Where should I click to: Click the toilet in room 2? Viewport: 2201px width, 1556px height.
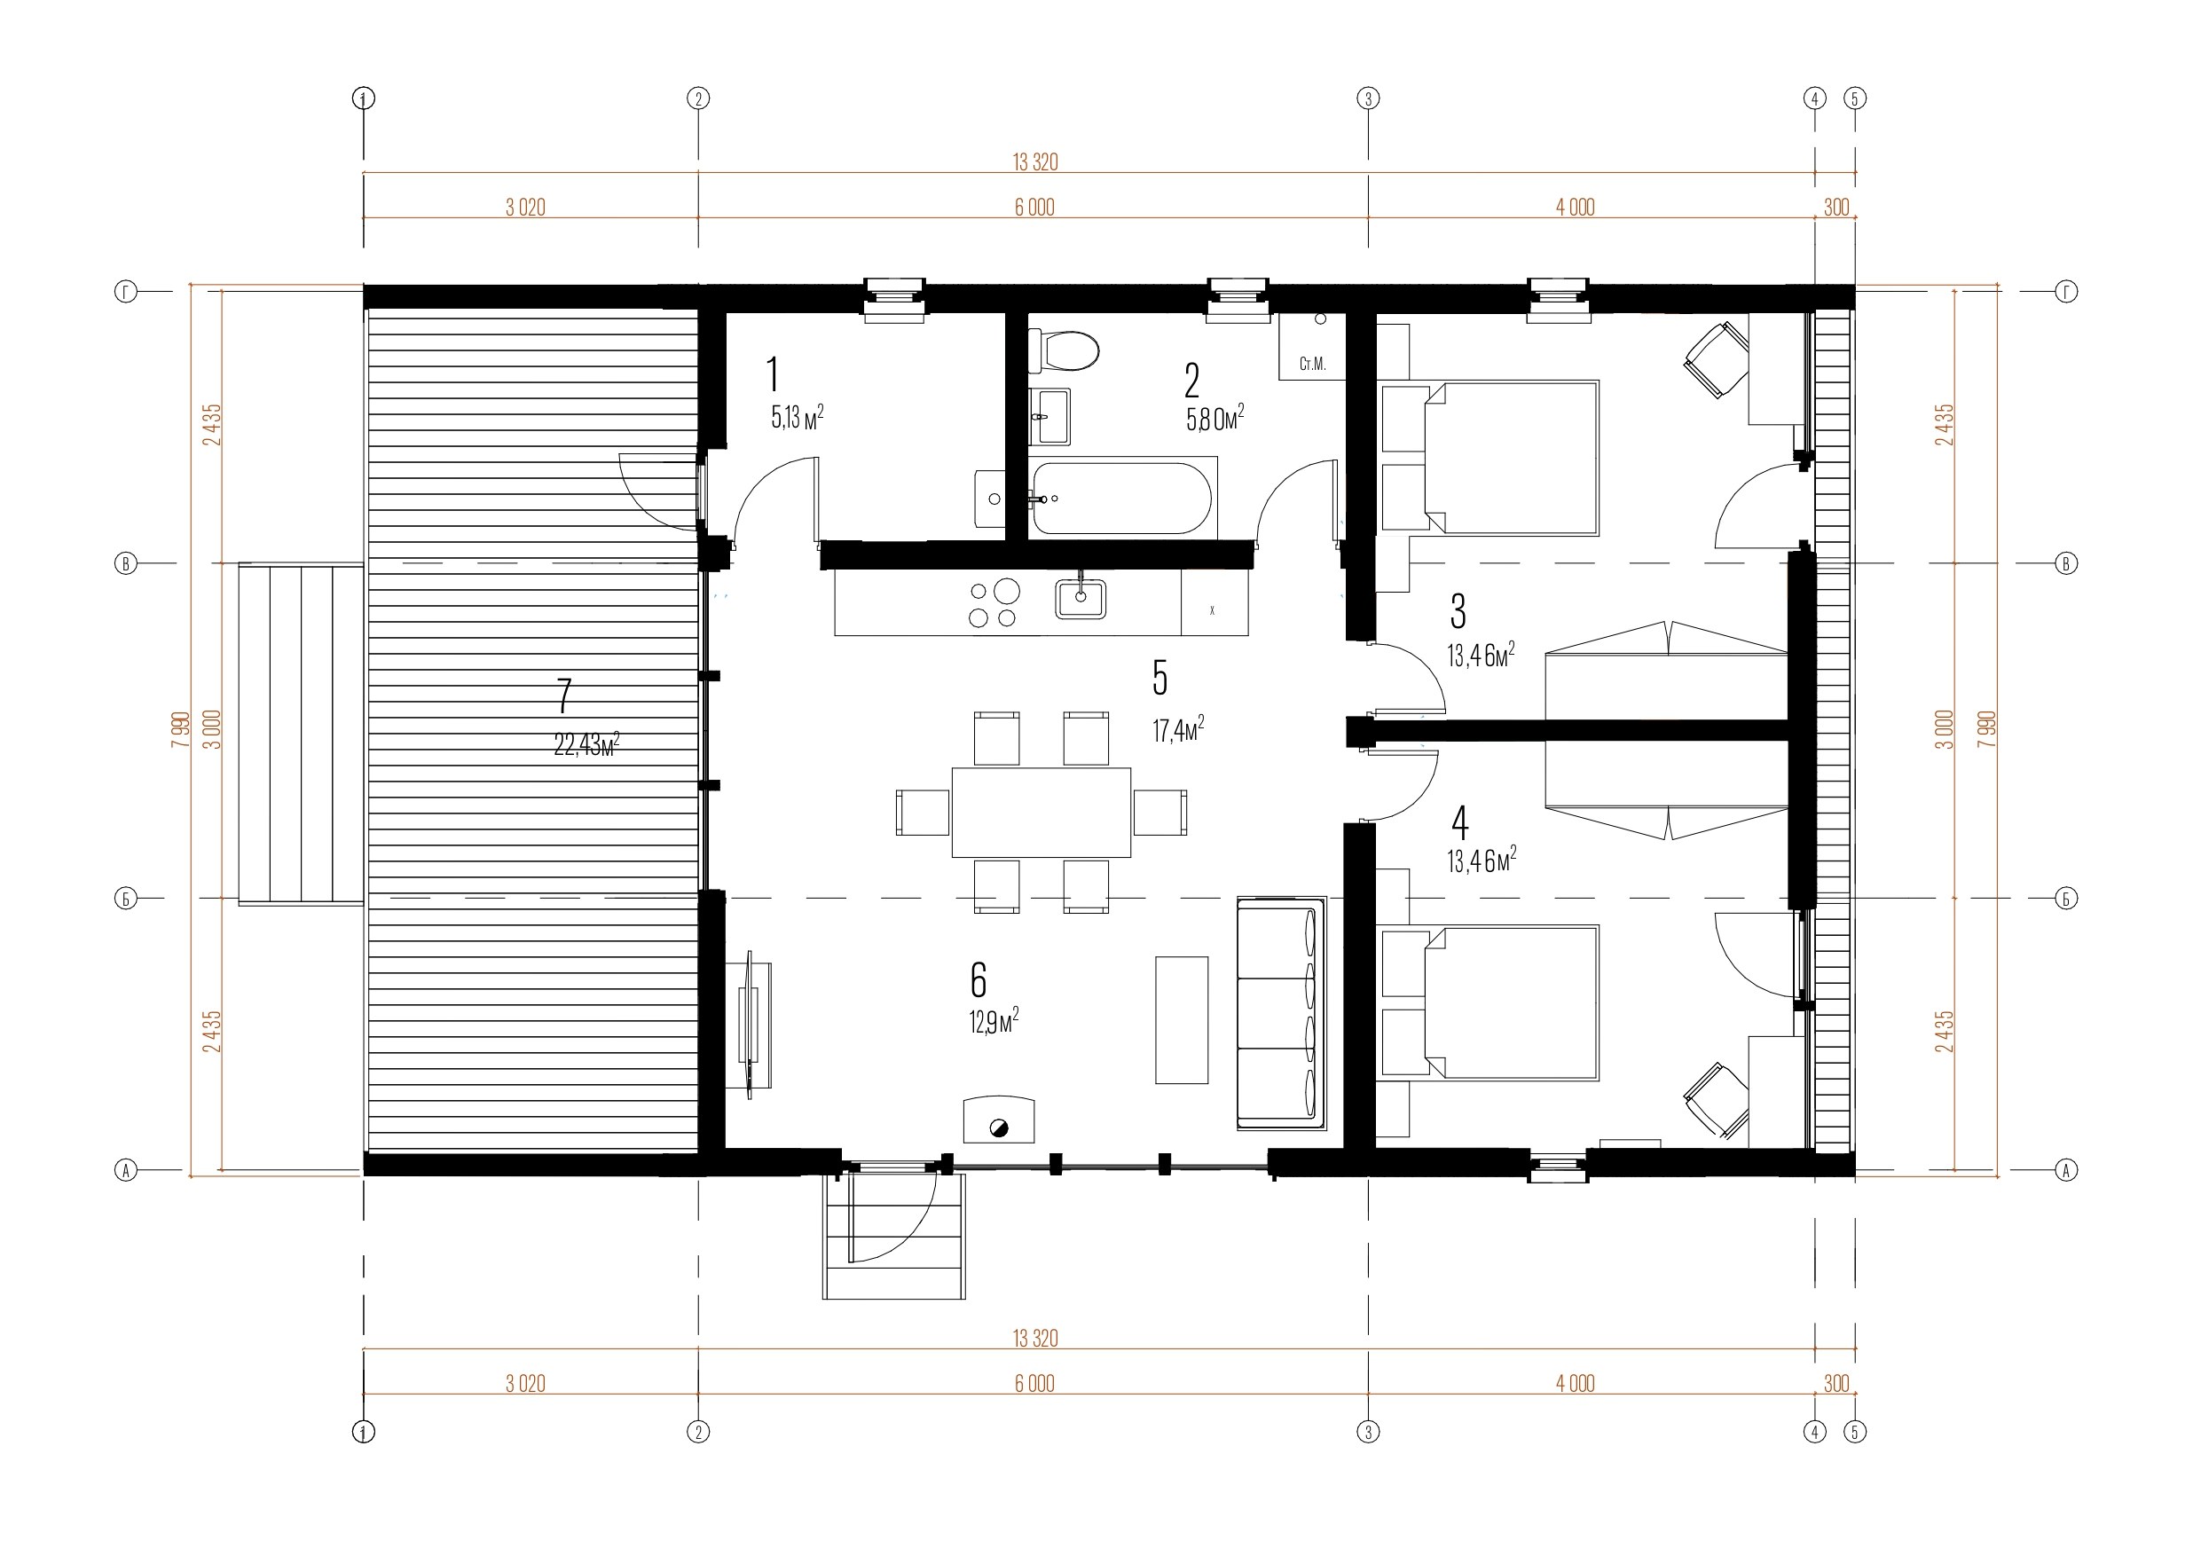[x=1063, y=352]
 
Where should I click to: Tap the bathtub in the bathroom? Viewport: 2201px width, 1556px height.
[x=1122, y=499]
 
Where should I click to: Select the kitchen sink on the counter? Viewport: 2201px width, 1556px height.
[x=1081, y=598]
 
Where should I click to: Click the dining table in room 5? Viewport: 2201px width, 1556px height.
[x=1042, y=812]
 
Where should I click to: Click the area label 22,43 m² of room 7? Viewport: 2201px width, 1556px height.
[x=586, y=744]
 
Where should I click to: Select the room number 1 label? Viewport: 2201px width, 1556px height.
[x=774, y=375]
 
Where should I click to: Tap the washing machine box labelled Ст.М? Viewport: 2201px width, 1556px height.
[x=1312, y=346]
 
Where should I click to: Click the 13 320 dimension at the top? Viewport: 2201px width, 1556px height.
[x=1035, y=162]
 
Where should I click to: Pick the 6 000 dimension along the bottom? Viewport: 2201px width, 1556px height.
[x=1034, y=1383]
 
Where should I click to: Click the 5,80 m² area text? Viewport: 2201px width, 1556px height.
[x=1215, y=418]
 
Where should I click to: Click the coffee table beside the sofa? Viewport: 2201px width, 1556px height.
[x=1181, y=1020]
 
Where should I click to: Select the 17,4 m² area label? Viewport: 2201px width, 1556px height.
[x=1178, y=729]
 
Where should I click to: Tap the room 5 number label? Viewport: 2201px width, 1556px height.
[x=1159, y=678]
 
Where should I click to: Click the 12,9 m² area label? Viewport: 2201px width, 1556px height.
[x=993, y=1021]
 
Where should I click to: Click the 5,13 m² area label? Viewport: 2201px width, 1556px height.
[x=798, y=417]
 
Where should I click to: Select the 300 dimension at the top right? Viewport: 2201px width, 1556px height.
[x=1835, y=207]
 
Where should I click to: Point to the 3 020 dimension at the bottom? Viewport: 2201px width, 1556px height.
[x=525, y=1383]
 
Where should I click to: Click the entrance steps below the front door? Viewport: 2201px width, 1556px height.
[x=893, y=1237]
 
